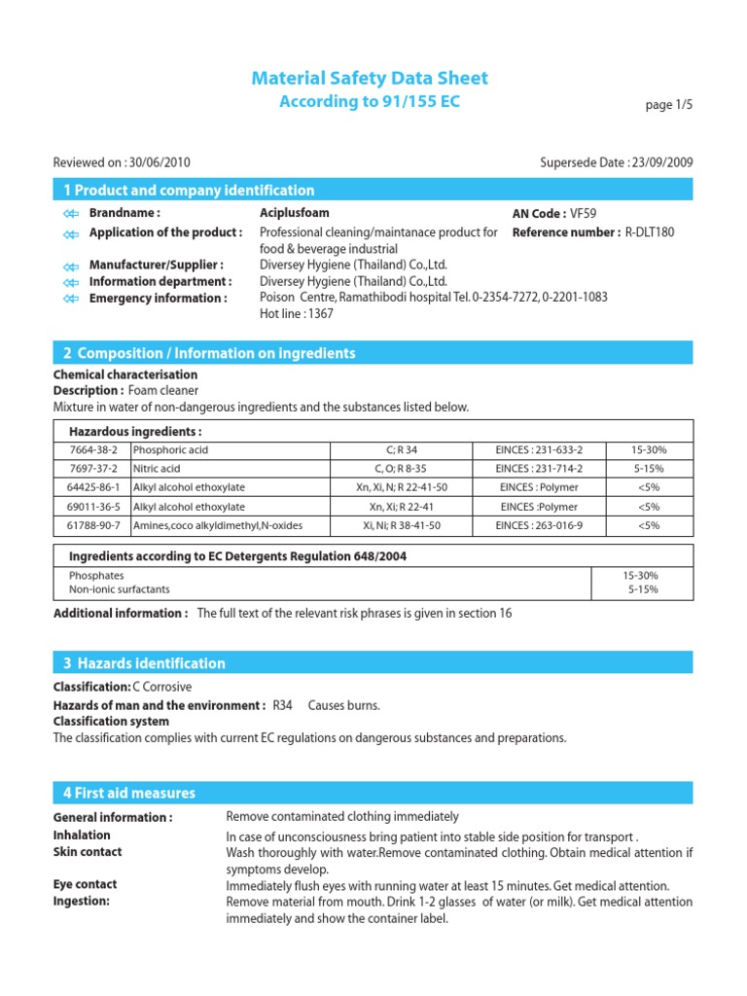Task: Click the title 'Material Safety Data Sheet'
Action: click(x=370, y=78)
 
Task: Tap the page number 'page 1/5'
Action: click(x=670, y=105)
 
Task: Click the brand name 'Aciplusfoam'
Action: click(x=295, y=213)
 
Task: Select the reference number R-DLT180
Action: click(x=649, y=232)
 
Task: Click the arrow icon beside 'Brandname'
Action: click(x=69, y=214)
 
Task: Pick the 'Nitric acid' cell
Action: click(x=158, y=469)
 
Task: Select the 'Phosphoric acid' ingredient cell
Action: click(x=170, y=450)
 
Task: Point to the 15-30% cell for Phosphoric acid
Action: click(x=649, y=450)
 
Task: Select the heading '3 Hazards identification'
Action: click(x=144, y=663)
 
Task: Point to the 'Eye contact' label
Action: click(x=85, y=884)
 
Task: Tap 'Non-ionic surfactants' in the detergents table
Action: click(x=119, y=589)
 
